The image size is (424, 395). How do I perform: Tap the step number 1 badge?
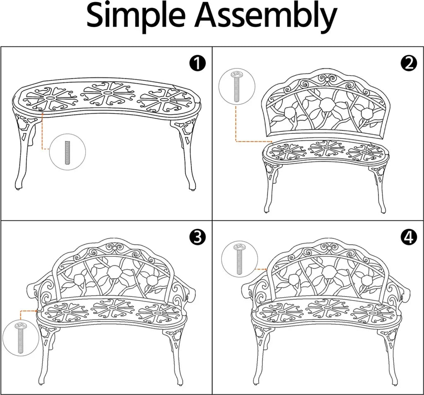[198, 63]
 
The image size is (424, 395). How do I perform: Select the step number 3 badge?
[198, 237]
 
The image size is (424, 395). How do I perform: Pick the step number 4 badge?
[408, 237]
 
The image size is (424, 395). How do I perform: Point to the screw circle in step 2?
[236, 86]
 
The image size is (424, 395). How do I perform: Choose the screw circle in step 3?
[21, 337]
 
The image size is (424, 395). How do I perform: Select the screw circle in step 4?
[239, 259]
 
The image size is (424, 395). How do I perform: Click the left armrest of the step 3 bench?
[38, 295]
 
